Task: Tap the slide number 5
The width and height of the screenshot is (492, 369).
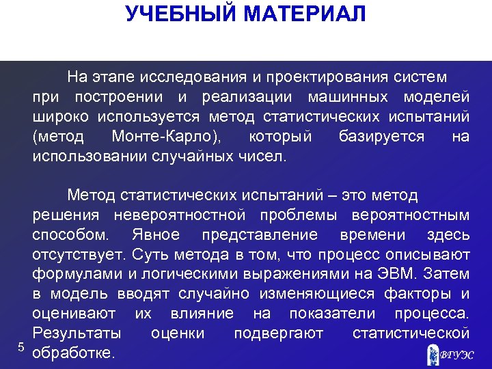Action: [x=21, y=347]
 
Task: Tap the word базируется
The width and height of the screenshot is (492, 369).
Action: [x=382, y=137]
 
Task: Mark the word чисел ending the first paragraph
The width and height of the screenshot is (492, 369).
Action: [x=262, y=156]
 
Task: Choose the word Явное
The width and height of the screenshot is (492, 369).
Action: [x=154, y=235]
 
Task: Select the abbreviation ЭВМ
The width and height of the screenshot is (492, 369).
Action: [x=392, y=275]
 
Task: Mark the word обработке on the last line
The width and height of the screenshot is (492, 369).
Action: [x=74, y=354]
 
